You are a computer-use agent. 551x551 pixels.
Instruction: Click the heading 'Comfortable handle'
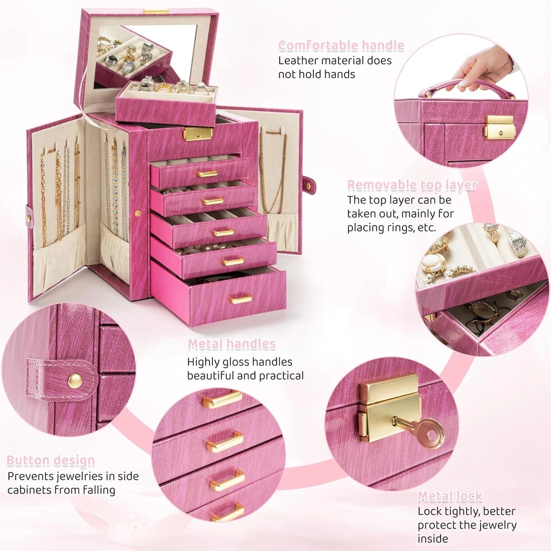pyautogui.click(x=341, y=46)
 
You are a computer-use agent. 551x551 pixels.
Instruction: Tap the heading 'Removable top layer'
pyautogui.click(x=412, y=185)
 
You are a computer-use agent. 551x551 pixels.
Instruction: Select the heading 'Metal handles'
pyautogui.click(x=231, y=344)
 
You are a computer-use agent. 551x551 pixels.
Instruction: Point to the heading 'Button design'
pyautogui.click(x=51, y=460)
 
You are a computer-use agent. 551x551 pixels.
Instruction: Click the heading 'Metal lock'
pyautogui.click(x=450, y=496)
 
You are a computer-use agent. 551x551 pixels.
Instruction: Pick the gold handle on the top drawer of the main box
pyautogui.click(x=207, y=173)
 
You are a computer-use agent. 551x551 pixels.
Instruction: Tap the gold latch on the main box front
pyautogui.click(x=198, y=134)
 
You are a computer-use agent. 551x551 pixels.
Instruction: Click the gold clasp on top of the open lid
pyautogui.click(x=156, y=12)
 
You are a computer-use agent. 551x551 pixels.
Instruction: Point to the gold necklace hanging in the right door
pyautogui.click(x=273, y=173)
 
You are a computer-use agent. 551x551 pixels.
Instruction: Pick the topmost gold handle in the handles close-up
pyautogui.click(x=222, y=399)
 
